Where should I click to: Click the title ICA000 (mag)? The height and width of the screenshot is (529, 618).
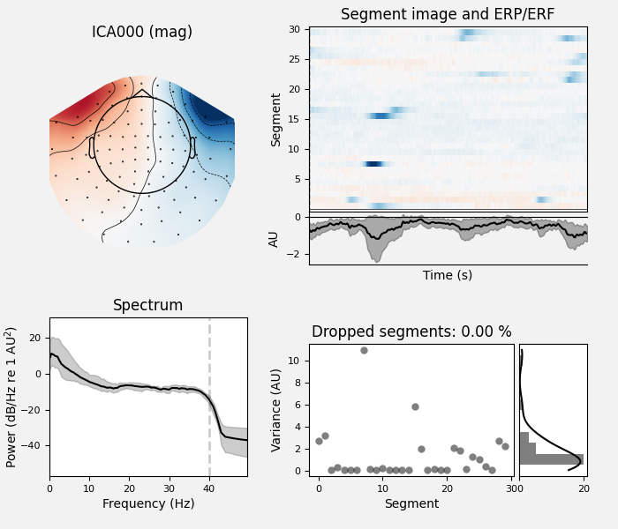(x=141, y=33)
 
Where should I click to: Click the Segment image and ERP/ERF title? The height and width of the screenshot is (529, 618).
(x=448, y=15)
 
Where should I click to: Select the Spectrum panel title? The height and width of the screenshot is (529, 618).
(x=147, y=306)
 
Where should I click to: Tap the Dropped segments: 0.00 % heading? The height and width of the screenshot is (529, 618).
(x=411, y=332)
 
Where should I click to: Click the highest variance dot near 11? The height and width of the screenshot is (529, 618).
(x=364, y=350)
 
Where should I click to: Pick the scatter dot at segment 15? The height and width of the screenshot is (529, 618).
(x=415, y=406)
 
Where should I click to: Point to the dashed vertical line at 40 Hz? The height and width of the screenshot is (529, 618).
(x=209, y=397)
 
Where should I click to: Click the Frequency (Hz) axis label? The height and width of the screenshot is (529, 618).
(x=147, y=504)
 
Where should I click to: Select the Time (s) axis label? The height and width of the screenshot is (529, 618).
(x=448, y=275)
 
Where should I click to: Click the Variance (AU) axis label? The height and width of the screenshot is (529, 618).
(x=277, y=407)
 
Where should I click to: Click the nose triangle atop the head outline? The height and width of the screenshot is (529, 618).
(x=141, y=92)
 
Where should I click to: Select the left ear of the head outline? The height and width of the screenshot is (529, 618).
(x=92, y=146)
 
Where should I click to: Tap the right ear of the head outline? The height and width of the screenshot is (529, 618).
(x=192, y=146)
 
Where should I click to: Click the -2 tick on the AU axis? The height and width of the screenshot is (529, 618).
(x=298, y=254)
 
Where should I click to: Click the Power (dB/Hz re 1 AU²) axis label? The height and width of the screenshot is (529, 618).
(x=11, y=397)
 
